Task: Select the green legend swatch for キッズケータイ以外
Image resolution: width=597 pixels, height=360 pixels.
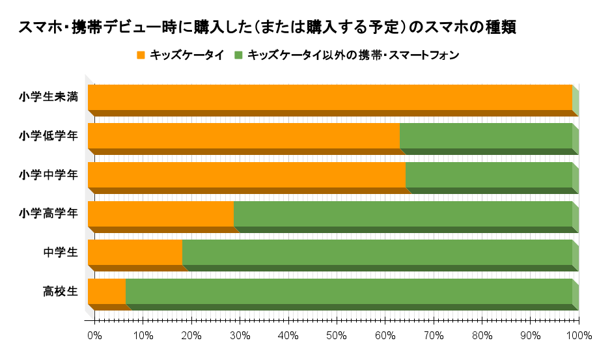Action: tap(239, 55)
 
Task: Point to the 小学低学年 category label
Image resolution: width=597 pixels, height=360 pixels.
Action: tap(49, 136)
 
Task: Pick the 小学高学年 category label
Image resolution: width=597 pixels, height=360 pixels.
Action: tap(49, 214)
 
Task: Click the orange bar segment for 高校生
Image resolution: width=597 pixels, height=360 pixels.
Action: tap(107, 291)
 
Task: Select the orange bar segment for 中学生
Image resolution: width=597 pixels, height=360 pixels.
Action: tap(135, 252)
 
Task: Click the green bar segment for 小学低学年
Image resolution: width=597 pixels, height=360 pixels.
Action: tap(486, 136)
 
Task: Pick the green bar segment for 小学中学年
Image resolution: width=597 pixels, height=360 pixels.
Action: tap(488, 174)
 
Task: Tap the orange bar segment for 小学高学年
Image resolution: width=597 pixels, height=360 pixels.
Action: tap(161, 214)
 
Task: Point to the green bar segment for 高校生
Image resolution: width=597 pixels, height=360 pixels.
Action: tap(348, 291)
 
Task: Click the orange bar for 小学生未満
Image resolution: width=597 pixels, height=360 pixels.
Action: tap(329, 97)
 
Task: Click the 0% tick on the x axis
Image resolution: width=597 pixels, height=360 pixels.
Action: tap(94, 336)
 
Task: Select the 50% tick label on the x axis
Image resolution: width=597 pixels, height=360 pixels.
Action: tap(336, 336)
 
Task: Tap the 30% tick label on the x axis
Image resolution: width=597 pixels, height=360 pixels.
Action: tap(240, 336)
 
